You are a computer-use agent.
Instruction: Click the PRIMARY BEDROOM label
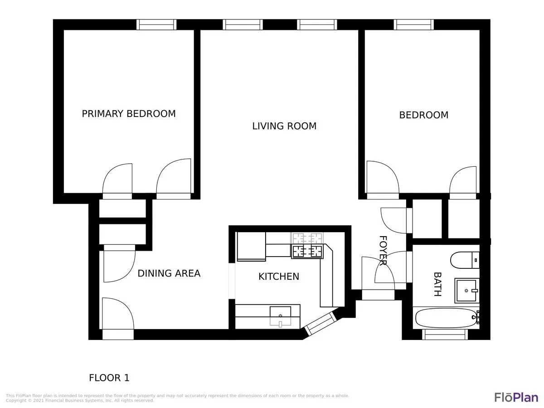(x=129, y=114)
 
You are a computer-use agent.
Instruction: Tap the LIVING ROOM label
(x=284, y=126)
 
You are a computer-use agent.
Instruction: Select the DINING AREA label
(x=169, y=273)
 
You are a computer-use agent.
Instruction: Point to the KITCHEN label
(x=279, y=277)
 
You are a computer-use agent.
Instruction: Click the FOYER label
(x=383, y=250)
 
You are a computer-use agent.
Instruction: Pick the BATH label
(x=437, y=284)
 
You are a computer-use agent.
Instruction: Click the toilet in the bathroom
(x=464, y=260)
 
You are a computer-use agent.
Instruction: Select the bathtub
(x=445, y=318)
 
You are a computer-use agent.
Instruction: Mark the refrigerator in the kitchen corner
(x=251, y=246)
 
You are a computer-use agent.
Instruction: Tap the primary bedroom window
(x=156, y=25)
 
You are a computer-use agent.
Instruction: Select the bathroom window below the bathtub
(x=444, y=334)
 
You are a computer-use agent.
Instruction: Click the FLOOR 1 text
(x=109, y=378)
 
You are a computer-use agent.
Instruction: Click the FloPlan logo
(x=516, y=397)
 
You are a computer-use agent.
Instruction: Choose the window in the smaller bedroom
(x=413, y=25)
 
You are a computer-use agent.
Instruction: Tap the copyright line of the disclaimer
(x=80, y=401)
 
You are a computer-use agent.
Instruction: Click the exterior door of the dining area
(x=118, y=334)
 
